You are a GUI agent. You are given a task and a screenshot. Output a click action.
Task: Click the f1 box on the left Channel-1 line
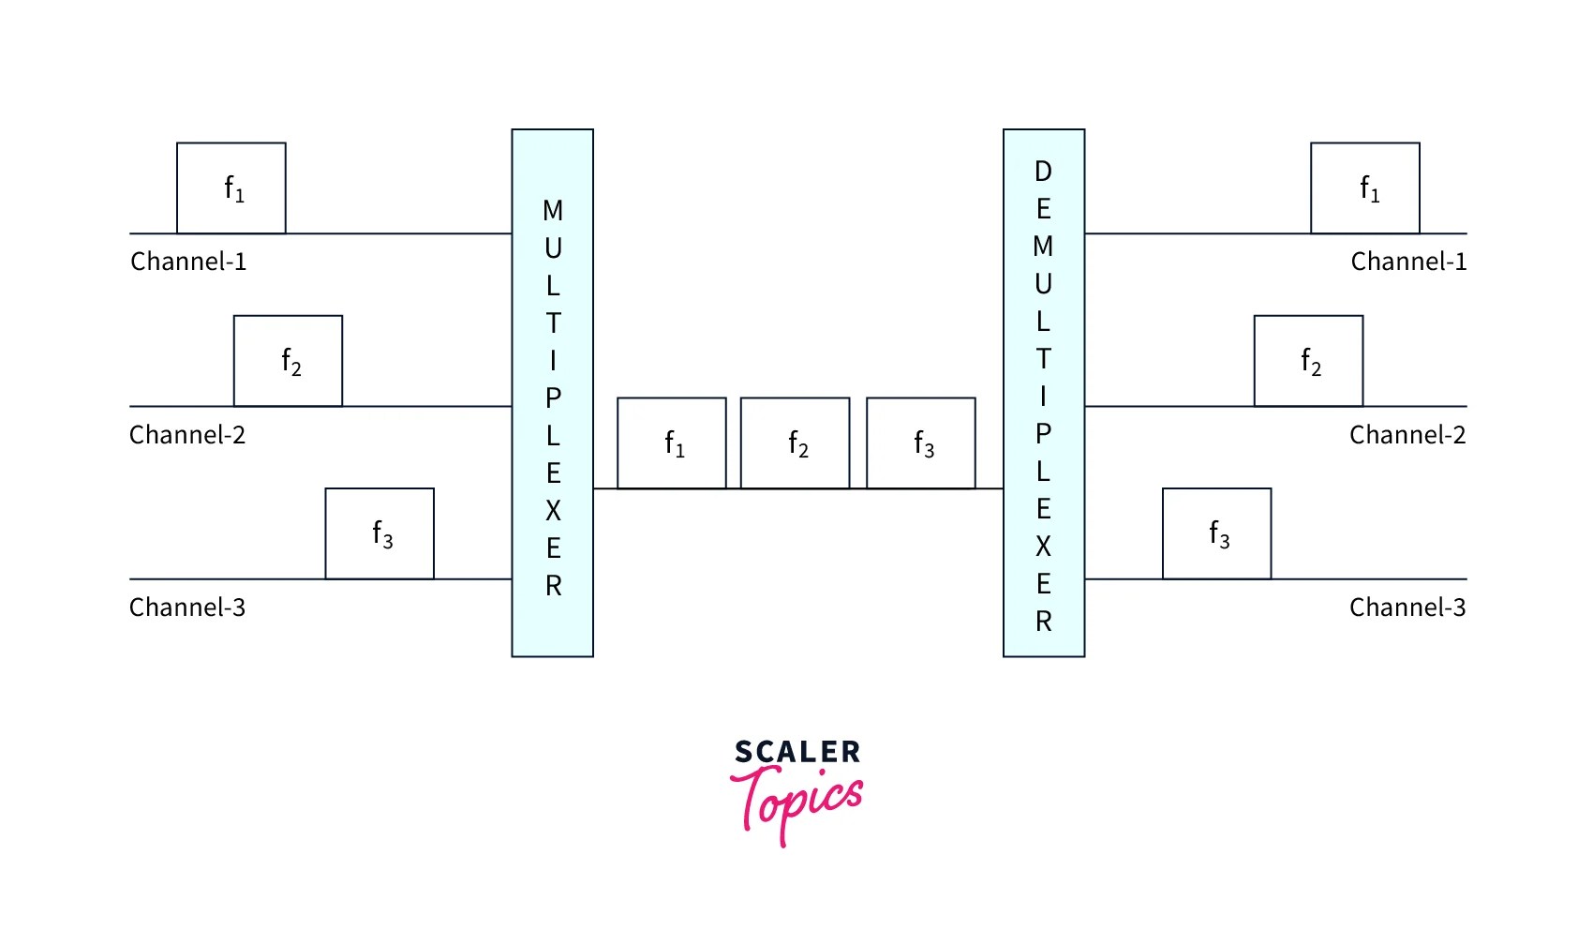click(231, 187)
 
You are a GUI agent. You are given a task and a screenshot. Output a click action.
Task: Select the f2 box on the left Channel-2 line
click(288, 361)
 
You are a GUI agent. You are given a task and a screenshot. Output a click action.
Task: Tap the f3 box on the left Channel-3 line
click(380, 533)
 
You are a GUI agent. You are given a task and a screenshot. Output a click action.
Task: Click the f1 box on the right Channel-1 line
click(1364, 187)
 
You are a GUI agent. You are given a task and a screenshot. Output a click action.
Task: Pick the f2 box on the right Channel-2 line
click(1308, 361)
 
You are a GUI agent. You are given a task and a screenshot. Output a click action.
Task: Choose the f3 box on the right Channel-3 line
click(1216, 533)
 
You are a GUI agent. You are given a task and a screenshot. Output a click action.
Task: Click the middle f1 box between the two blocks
click(672, 443)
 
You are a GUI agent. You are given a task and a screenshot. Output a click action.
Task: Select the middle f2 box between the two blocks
click(796, 443)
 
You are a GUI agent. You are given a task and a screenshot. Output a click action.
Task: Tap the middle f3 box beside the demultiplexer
click(921, 443)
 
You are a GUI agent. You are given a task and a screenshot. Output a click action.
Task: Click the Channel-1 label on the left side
click(188, 262)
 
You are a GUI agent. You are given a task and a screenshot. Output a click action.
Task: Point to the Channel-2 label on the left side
click(187, 435)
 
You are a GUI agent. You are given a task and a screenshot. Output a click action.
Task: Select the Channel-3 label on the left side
click(187, 607)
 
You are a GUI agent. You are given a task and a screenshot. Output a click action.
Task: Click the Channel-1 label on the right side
click(1408, 262)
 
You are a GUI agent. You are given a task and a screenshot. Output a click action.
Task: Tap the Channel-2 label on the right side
click(1407, 435)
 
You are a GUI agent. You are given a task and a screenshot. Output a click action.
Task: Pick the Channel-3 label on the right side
click(1407, 607)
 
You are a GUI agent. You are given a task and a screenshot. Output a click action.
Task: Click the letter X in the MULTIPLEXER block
click(553, 511)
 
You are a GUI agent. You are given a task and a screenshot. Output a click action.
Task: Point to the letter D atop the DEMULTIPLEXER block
click(1043, 172)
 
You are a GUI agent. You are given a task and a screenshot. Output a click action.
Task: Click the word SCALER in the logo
click(797, 752)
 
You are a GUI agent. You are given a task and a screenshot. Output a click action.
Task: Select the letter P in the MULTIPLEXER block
click(553, 398)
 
